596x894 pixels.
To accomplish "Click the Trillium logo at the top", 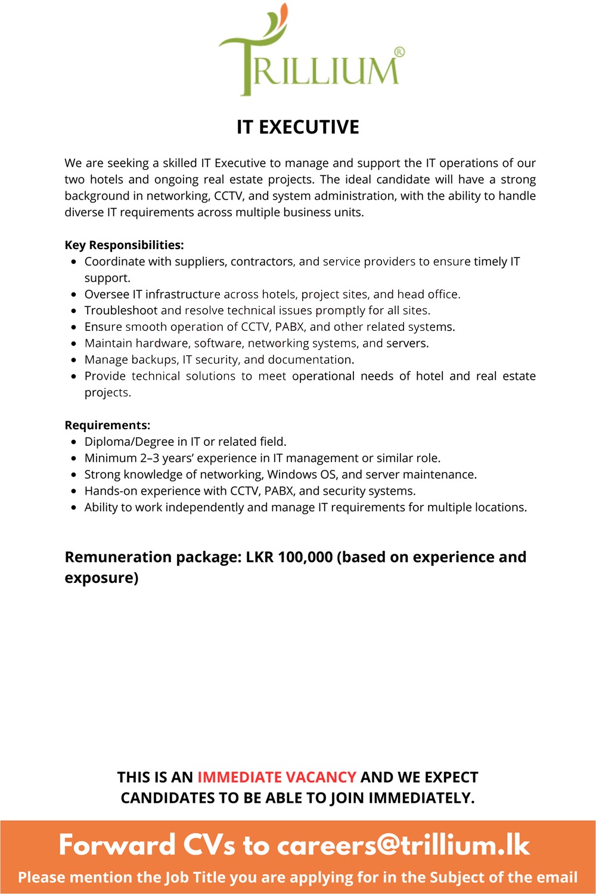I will point(310,54).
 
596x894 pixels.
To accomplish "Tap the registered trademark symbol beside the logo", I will point(399,52).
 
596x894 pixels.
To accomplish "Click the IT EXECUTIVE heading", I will point(298,127).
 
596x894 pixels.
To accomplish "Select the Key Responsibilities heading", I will point(124,245).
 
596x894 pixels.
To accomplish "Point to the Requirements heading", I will point(107,425).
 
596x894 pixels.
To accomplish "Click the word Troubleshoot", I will point(121,311).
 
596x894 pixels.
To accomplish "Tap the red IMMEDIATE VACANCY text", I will point(277,777).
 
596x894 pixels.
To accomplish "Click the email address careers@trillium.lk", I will point(403,845).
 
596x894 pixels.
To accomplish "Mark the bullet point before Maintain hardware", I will point(73,343).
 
